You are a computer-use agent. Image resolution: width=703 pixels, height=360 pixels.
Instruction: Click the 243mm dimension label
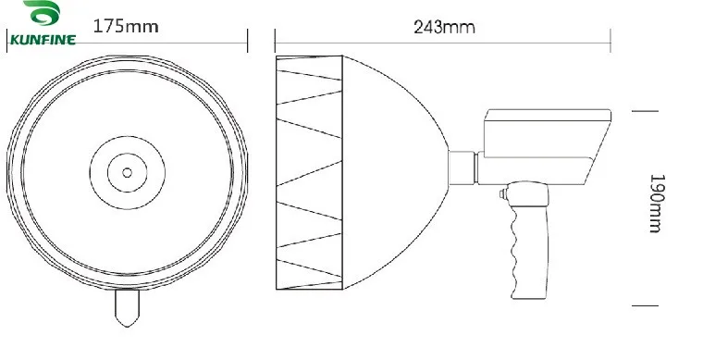coord(444,27)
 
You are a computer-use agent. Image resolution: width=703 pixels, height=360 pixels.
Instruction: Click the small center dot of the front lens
coord(126,170)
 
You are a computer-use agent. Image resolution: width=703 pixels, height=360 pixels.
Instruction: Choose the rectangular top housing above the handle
coord(536,139)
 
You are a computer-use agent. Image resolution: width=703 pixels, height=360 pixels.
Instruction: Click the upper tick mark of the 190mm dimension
coord(645,110)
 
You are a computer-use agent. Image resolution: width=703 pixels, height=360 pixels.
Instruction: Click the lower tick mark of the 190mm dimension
coord(645,304)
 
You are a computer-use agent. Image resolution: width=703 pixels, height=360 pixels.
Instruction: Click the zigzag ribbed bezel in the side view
coord(310,171)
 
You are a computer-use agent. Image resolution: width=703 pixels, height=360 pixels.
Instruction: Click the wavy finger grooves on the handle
coord(515,250)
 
